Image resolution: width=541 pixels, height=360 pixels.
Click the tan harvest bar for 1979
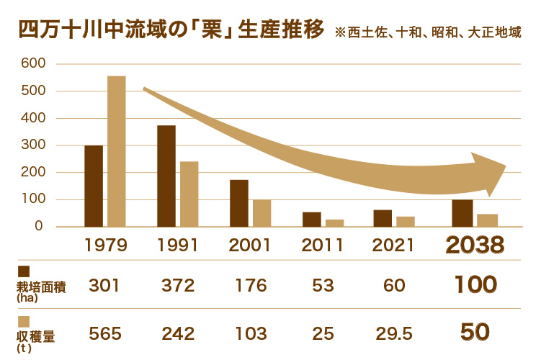(117, 151)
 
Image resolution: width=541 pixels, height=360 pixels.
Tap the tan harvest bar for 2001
(261, 213)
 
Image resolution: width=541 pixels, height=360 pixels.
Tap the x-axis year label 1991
(178, 245)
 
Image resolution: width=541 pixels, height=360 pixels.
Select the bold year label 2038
(474, 246)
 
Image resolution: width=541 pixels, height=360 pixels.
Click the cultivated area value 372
(178, 285)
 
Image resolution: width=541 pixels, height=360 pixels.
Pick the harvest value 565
(105, 333)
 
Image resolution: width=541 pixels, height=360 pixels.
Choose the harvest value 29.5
(393, 333)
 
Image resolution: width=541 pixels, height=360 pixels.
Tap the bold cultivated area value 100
(475, 285)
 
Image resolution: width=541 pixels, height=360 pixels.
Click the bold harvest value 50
(475, 332)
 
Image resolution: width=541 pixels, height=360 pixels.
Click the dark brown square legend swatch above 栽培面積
(23, 271)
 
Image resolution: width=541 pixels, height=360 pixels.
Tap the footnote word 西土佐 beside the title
(365, 33)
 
